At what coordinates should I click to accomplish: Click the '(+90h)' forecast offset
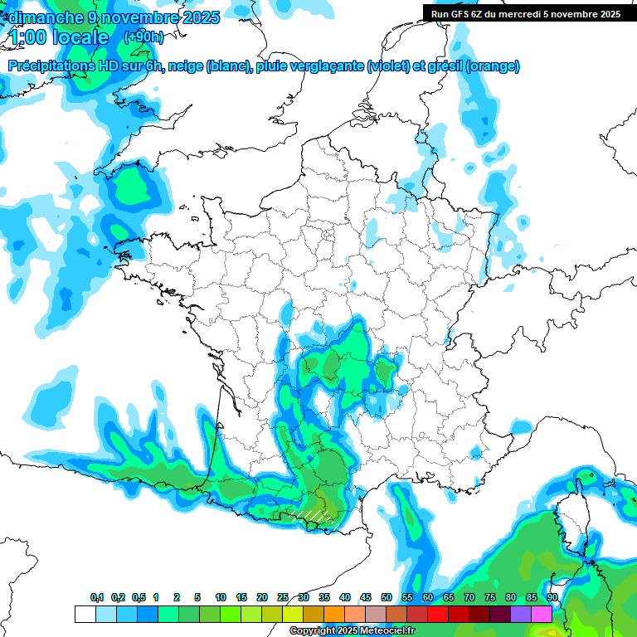pos(143,37)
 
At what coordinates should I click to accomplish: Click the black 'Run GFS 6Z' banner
pos(525,14)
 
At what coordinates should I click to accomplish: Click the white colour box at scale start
pos(85,614)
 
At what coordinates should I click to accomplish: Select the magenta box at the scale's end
pos(542,614)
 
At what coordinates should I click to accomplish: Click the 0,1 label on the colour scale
pos(97,598)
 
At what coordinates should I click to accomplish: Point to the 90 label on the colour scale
pos(552,598)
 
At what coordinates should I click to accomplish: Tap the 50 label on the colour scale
pos(387,598)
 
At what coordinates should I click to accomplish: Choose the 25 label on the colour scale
pos(283,598)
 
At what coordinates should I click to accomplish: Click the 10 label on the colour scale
pos(221,598)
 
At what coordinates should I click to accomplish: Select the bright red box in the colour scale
pos(438,614)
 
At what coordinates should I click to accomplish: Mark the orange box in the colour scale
pos(334,614)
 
